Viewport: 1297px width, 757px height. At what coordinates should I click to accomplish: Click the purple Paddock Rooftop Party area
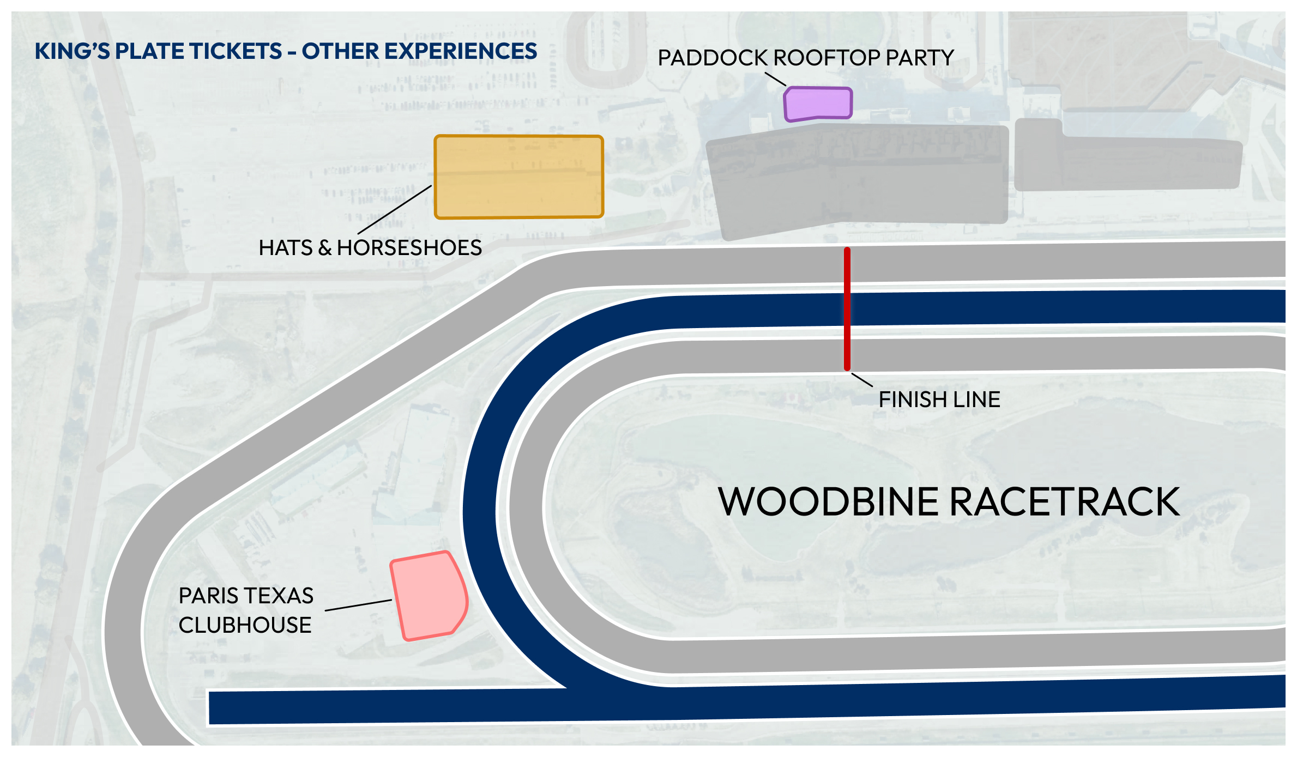818,104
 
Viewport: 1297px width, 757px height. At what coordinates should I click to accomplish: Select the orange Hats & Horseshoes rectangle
518,177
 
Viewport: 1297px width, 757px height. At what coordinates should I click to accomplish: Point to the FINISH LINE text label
939,399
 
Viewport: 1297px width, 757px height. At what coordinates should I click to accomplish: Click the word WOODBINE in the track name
830,502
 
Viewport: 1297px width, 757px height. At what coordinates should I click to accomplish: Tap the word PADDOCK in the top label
713,58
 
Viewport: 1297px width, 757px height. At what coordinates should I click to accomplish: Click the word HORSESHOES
409,248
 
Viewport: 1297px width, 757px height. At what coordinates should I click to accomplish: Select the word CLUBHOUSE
245,625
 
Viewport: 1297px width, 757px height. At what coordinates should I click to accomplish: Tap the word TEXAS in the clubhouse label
281,596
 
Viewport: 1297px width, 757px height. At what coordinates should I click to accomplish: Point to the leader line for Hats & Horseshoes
395,210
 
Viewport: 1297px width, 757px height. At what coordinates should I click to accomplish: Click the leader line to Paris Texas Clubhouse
358,605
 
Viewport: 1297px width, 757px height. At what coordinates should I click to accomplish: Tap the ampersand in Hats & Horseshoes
325,248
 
